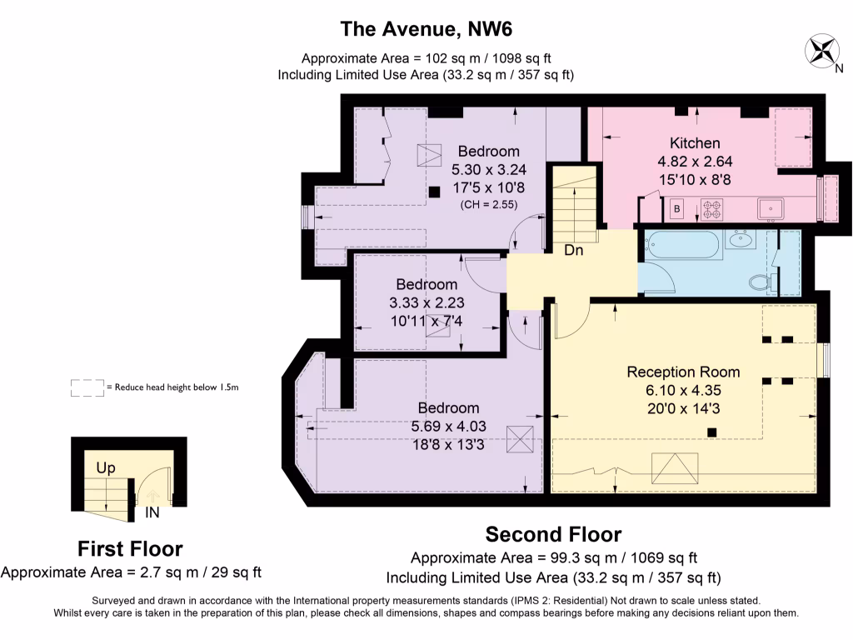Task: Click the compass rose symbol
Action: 821,51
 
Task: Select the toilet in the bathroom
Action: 761,282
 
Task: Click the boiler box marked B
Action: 676,208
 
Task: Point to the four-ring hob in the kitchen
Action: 711,209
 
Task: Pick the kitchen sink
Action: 771,209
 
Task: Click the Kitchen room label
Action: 695,143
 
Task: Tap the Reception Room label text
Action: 683,372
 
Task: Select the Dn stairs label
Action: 573,250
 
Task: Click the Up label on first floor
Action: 106,468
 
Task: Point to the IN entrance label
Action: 152,512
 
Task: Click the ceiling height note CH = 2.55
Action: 488,205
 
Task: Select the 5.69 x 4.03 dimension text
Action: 448,426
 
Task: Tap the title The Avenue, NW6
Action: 426,29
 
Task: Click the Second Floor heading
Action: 553,534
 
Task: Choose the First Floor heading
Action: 130,548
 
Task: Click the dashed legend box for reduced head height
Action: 87,387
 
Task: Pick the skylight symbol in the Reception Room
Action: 675,468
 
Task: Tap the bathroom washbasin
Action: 740,240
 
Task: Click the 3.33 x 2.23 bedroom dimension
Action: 426,302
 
